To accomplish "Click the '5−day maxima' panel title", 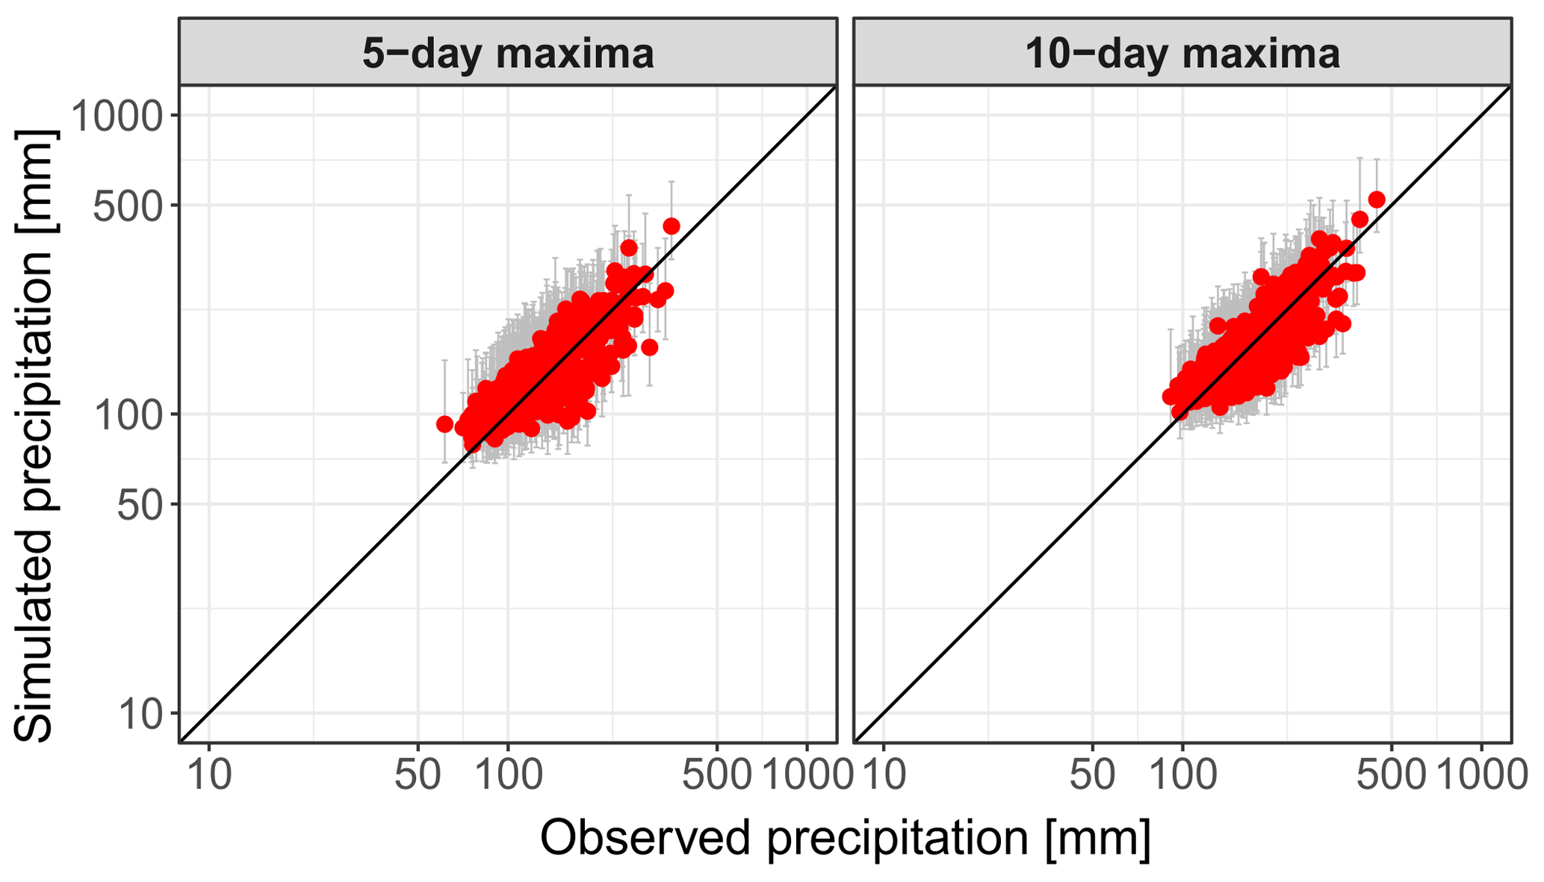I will point(508,54).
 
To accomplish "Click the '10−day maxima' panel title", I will point(1182,54).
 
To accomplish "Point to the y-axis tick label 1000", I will point(117,116).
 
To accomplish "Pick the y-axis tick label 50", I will point(139,504).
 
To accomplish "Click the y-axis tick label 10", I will point(139,714).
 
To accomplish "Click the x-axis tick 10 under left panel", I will point(209,775).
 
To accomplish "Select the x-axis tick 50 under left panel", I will point(418,775).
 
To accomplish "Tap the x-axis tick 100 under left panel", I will point(508,775).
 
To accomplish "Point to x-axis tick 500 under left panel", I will point(717,775).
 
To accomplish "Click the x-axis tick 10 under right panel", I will point(884,775).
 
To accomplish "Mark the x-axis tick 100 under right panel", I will point(1182,775).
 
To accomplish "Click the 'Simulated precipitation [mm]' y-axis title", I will point(34,436).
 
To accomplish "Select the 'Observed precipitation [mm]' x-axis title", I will point(845,837).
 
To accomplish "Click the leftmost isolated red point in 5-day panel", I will point(444,424).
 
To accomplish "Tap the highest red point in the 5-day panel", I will point(672,226).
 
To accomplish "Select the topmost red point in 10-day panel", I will point(1377,199).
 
